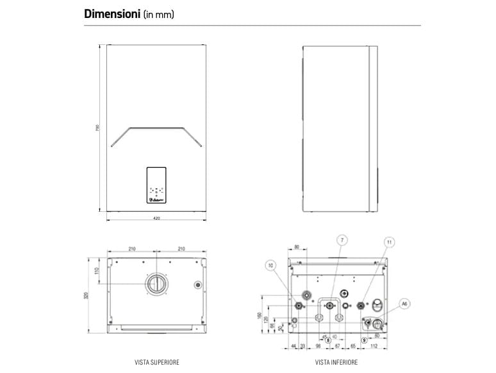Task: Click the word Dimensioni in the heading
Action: click(x=112, y=13)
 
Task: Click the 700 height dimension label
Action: click(x=97, y=128)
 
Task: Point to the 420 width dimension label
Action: click(x=156, y=219)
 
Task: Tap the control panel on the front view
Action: click(x=156, y=186)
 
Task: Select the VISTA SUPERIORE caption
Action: click(x=157, y=362)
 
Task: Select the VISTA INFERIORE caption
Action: click(x=336, y=362)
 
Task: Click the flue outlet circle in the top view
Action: click(x=156, y=284)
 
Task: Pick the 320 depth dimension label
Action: click(x=86, y=295)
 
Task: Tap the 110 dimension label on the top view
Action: click(x=97, y=271)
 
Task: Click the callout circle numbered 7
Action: click(x=342, y=239)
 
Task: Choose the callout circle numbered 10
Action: click(x=270, y=265)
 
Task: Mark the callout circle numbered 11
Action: click(x=390, y=241)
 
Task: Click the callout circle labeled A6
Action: click(x=404, y=303)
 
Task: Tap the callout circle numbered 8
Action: click(x=328, y=340)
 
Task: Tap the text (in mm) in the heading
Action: click(x=159, y=14)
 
